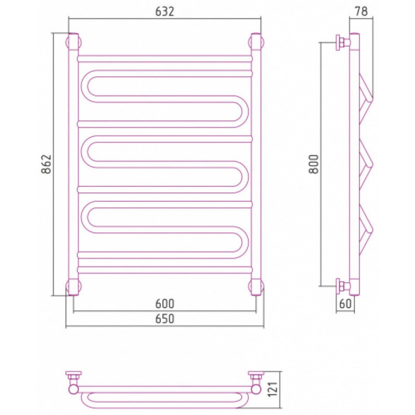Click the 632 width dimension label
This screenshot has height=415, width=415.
click(x=165, y=12)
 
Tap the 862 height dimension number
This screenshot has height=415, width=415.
click(x=47, y=164)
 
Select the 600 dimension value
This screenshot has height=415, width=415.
click(x=165, y=304)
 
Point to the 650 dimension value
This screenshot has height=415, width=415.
click(x=165, y=318)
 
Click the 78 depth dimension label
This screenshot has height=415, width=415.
click(x=362, y=11)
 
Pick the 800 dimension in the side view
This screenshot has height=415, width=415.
click(x=314, y=164)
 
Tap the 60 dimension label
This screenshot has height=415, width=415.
click(x=345, y=304)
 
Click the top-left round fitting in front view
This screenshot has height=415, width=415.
click(x=73, y=42)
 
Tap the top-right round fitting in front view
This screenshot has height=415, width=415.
click(x=256, y=42)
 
